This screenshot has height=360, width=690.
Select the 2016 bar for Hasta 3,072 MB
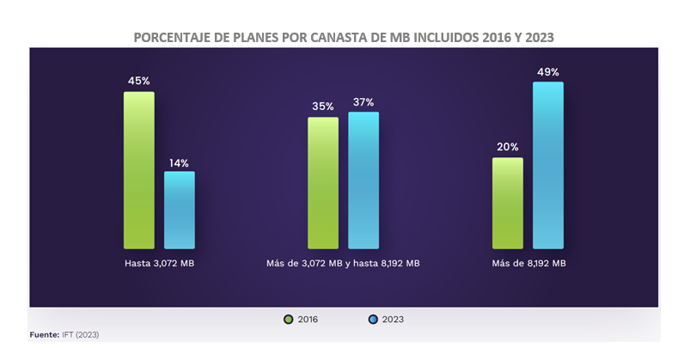138,170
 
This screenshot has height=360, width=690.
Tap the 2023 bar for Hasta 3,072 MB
180,210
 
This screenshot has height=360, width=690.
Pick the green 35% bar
323,182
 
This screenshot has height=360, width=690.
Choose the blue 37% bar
363,180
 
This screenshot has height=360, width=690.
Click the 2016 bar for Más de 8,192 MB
507,203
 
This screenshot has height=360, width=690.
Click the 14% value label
180,162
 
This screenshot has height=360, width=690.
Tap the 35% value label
323,107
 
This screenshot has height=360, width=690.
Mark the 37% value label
363,102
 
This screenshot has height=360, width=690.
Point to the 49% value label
548,72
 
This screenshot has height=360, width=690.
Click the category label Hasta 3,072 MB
159,263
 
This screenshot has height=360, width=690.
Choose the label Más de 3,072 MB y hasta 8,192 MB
343,263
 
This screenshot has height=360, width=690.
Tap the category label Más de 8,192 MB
528,263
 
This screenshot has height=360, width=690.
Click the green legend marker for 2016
289,320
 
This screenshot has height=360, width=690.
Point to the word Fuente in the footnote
43,333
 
